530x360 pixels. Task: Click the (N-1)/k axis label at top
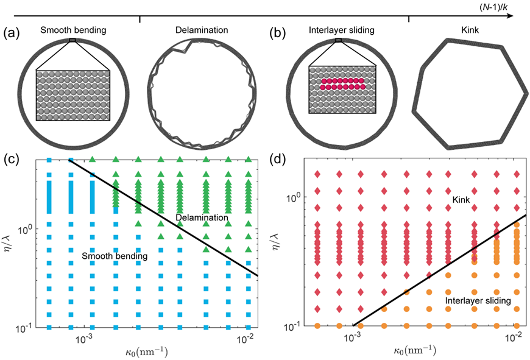tap(495, 6)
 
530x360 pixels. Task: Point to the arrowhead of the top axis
tap(512, 16)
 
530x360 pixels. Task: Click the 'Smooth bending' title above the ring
tap(73, 29)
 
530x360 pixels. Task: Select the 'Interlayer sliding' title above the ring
tap(341, 29)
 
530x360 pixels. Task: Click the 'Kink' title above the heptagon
tap(470, 29)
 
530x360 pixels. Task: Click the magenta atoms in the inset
tap(342, 84)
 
